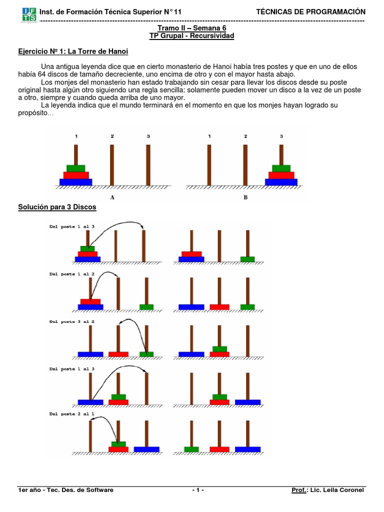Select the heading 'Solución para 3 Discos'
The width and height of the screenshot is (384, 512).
coord(57,207)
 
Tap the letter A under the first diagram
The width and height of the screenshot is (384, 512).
coord(112,197)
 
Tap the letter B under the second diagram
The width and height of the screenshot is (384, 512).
coord(245,197)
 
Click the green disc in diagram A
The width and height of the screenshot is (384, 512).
coord(75,168)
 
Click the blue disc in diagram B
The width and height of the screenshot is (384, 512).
coord(281,182)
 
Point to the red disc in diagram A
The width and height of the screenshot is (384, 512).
coord(75,175)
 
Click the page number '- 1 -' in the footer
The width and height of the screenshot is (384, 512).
coord(198,490)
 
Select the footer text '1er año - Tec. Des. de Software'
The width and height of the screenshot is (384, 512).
coord(65,490)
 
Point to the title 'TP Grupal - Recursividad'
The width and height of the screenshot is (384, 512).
coord(192,36)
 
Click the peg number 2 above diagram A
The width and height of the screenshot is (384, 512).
coord(112,136)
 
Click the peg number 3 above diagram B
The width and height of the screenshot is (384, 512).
coord(281,136)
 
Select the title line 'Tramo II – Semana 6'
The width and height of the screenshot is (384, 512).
coord(192,28)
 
